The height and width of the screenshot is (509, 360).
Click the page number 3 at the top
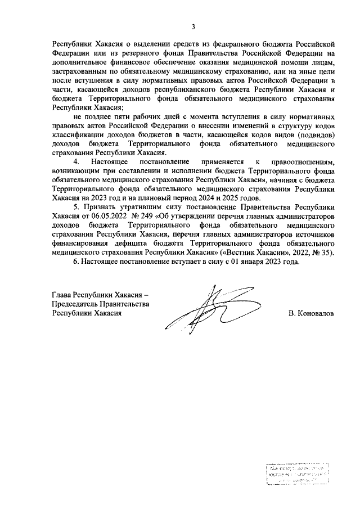coord(193,26)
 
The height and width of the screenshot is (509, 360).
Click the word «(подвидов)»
coord(315,136)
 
